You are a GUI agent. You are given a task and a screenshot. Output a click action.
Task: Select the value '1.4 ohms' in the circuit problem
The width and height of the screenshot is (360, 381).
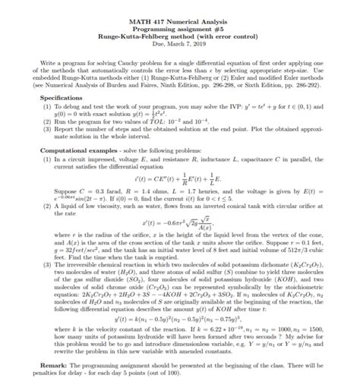[144, 193]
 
